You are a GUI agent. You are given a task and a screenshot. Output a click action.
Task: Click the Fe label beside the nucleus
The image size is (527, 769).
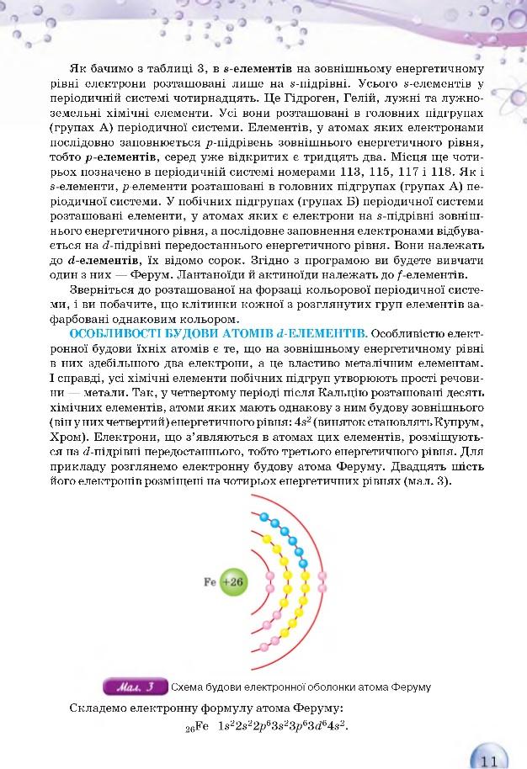210,581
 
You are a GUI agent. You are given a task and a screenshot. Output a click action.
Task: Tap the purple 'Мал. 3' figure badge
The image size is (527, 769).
135,687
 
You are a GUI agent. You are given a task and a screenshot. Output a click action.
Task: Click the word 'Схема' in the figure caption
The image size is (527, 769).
189,687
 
